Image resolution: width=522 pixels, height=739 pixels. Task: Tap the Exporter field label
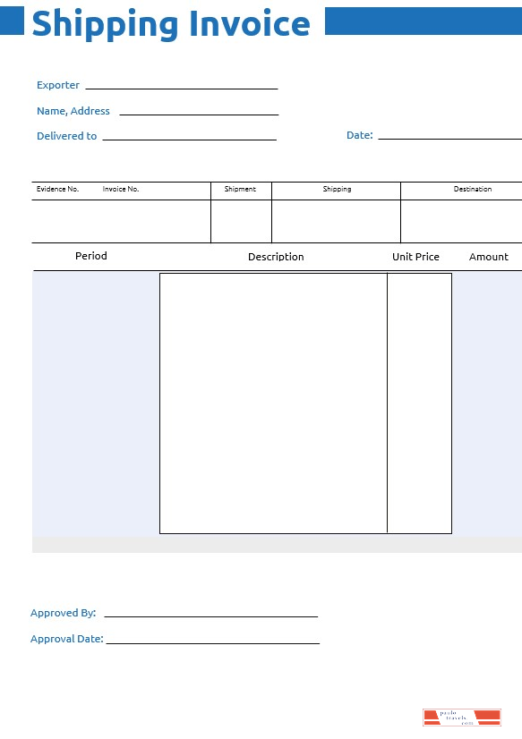[58, 85]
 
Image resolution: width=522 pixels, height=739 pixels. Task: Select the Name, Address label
[73, 111]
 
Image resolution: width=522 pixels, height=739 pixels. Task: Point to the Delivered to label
[66, 136]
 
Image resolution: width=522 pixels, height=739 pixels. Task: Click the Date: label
[359, 135]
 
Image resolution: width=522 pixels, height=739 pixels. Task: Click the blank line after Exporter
[181, 89]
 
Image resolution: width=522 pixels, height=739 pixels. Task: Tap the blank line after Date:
[449, 139]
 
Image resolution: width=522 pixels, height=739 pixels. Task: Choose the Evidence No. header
[57, 190]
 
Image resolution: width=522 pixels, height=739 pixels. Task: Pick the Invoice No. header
[121, 190]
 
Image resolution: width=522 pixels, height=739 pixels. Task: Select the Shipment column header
[240, 190]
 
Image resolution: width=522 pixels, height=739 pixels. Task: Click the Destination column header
[473, 190]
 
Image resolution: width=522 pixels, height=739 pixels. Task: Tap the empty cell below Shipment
[241, 221]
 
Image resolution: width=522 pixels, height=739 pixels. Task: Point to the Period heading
[91, 256]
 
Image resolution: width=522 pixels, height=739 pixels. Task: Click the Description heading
[276, 257]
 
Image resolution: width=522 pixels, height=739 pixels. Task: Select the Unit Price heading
[415, 257]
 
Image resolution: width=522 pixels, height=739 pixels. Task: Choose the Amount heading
[489, 257]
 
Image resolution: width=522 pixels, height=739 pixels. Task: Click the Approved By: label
[63, 613]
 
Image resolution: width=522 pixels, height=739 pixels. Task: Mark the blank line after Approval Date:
[212, 642]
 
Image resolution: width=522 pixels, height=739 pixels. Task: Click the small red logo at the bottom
[461, 717]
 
